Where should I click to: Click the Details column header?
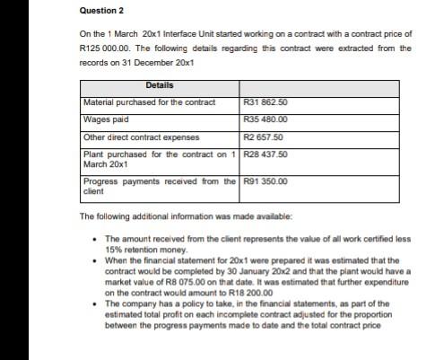tap(159, 85)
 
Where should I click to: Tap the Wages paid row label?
tap(104, 119)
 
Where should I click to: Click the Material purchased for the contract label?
tap(149, 102)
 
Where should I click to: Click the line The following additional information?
tap(161, 216)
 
